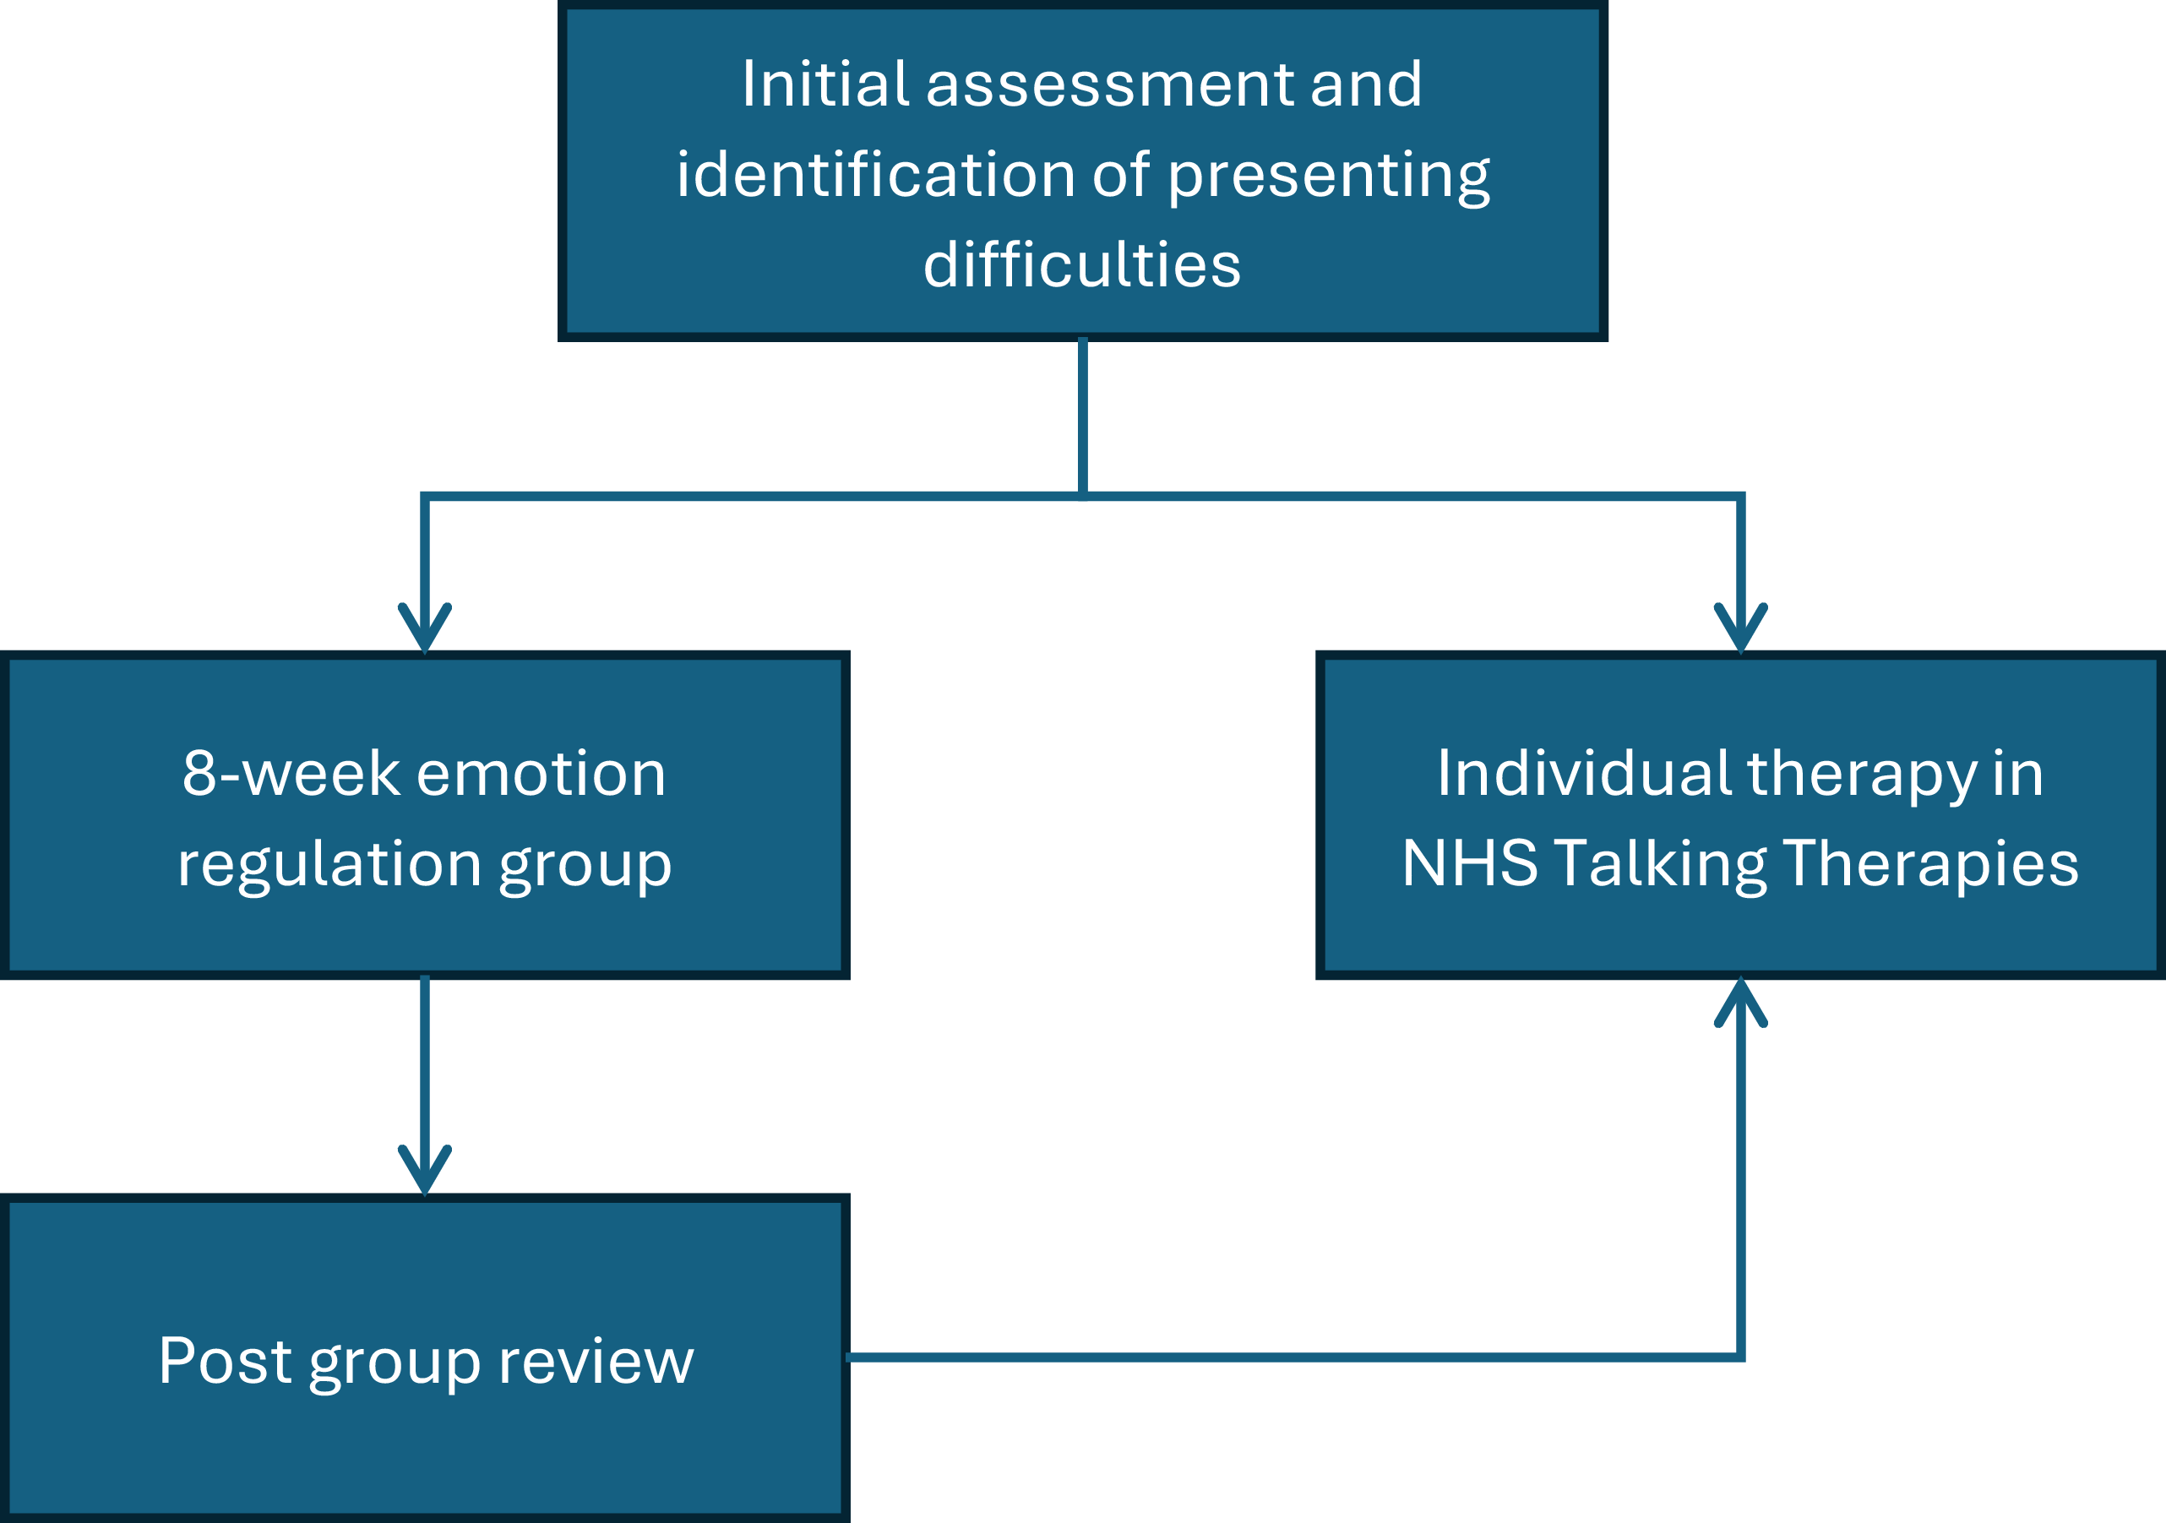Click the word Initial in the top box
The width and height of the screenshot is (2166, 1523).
click(x=824, y=84)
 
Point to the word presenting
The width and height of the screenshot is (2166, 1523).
click(x=1329, y=177)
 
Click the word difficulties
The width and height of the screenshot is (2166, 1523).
click(x=1082, y=264)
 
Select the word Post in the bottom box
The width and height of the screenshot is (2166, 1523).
click(x=225, y=1362)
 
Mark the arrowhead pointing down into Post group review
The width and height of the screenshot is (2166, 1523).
click(x=425, y=1170)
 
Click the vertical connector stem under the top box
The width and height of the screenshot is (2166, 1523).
click(x=1083, y=415)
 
